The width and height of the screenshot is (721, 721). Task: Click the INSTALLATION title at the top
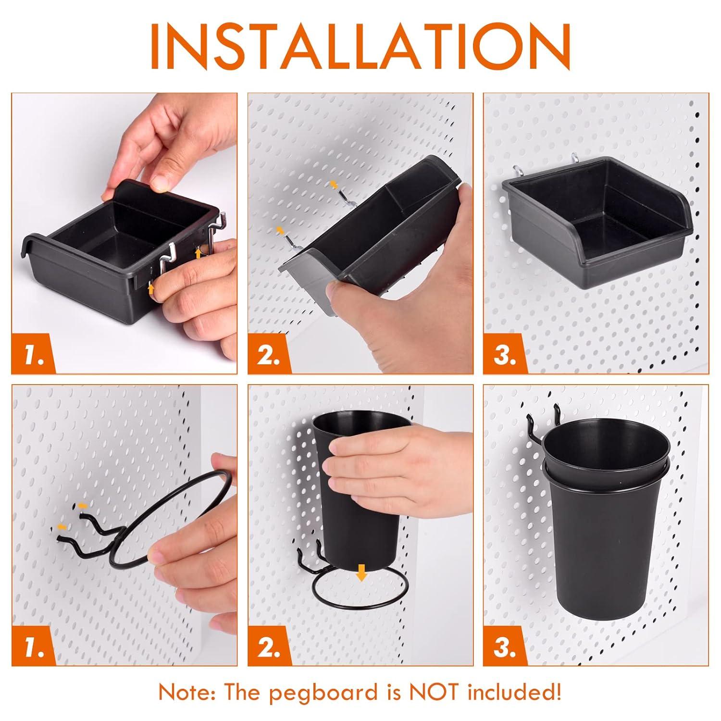tap(360, 46)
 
